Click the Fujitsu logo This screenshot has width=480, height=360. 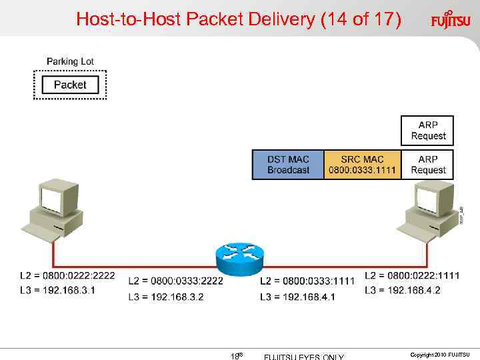click(450, 20)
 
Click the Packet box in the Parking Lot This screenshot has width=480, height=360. click(70, 85)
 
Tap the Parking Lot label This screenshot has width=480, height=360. click(70, 61)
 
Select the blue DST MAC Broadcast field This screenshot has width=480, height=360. click(288, 165)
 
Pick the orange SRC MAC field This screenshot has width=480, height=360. click(362, 165)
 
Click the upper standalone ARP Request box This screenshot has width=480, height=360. click(427, 131)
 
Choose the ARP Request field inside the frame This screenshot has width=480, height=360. click(428, 165)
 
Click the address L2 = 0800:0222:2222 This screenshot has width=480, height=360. click(67, 275)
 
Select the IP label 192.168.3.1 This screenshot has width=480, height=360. click(57, 290)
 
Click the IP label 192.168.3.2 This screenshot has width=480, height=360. click(166, 297)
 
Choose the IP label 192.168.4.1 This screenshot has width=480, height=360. click(297, 297)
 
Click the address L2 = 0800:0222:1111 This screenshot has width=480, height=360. click(412, 275)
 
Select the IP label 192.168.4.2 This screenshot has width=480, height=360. click(403, 290)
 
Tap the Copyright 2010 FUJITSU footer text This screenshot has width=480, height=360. click(439, 354)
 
